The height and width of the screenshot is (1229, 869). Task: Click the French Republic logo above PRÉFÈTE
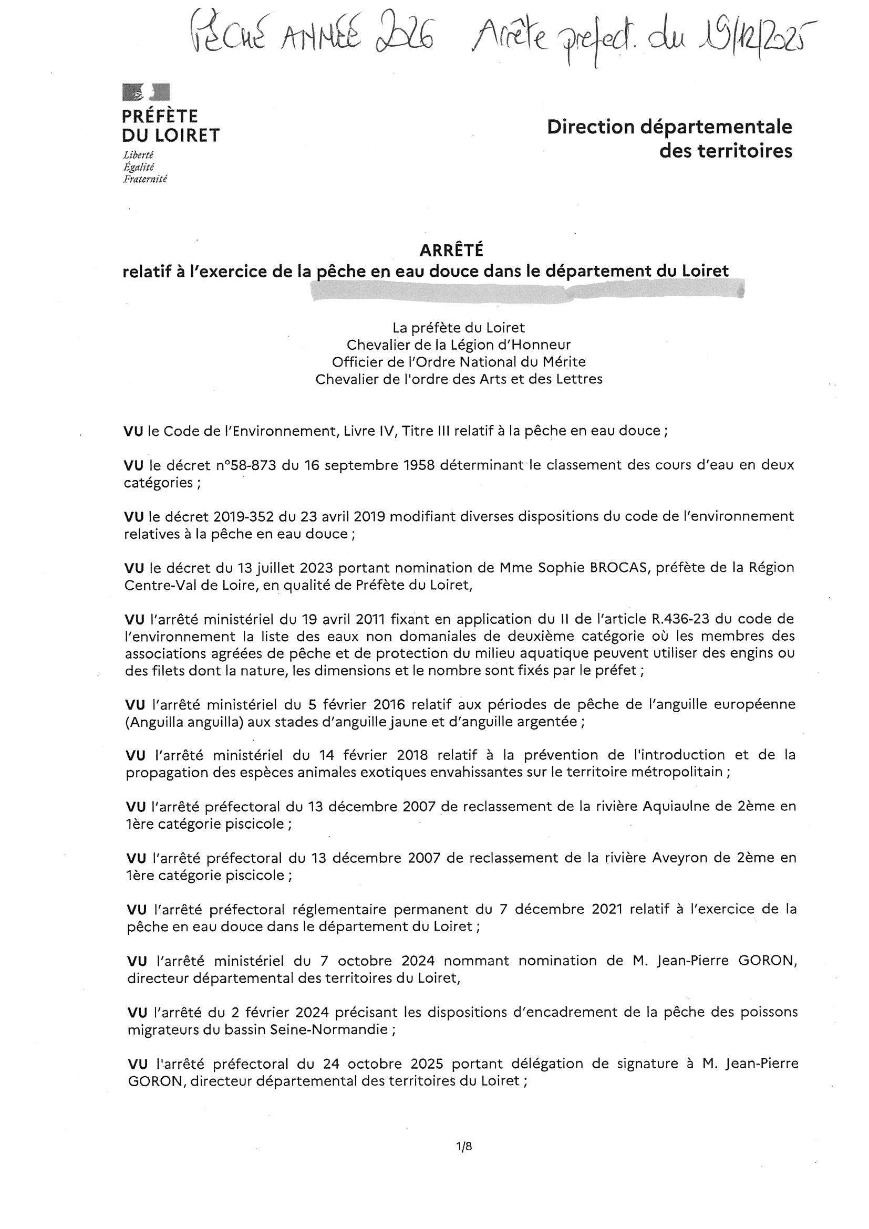coord(146,92)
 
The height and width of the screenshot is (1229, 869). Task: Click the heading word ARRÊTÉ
coord(451,250)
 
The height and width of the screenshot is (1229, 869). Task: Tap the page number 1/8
coord(464,1146)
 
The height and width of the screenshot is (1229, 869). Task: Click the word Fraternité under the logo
coord(144,179)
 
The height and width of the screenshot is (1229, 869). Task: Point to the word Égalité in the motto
coord(139,166)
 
